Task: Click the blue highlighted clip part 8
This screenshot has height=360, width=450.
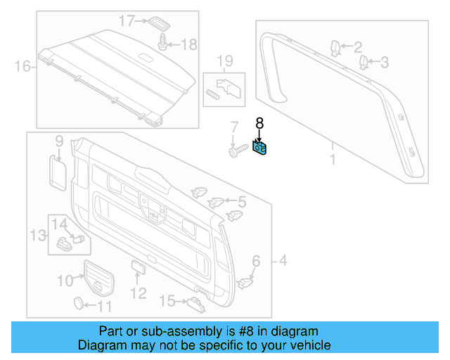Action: click(259, 149)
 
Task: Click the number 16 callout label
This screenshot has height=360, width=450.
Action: click(22, 67)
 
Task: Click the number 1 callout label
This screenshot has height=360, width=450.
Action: click(332, 160)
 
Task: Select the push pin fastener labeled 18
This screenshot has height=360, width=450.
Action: click(165, 42)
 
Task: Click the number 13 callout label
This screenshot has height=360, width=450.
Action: click(37, 233)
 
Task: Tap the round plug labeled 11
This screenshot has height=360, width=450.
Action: click(79, 303)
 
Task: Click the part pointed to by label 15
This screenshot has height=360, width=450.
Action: click(195, 302)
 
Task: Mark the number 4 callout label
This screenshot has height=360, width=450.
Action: click(281, 262)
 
